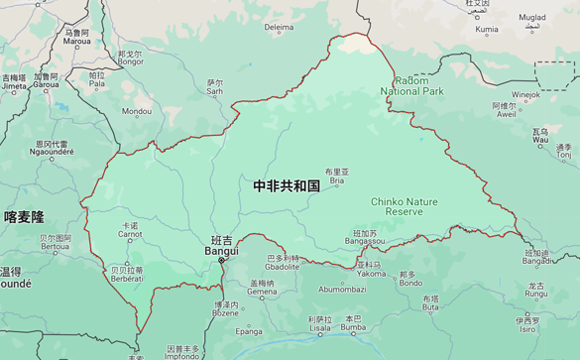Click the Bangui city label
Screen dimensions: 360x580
pos(221,250)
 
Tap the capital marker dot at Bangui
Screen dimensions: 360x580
pos(222,261)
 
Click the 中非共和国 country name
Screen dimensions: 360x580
pos(287,185)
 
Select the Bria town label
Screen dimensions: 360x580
pos(337,180)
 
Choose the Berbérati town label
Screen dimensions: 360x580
pos(127,278)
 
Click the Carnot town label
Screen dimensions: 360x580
pos(130,234)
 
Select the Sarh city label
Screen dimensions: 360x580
pos(214,91)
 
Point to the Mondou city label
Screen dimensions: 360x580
pos(137,111)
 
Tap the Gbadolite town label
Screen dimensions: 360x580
pos(283,266)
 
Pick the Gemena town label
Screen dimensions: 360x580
pos(263,292)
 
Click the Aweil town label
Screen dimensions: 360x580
pos(507,114)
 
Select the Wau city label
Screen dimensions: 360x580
pos(540,140)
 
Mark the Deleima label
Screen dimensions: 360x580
pos(280,28)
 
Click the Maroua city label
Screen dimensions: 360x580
pos(76,43)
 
